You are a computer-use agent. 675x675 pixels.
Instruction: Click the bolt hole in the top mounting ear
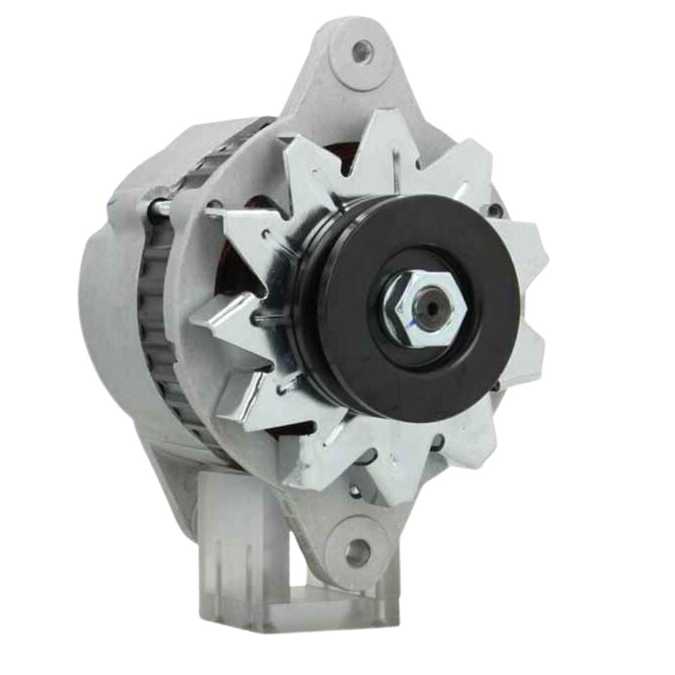pos(362,49)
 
